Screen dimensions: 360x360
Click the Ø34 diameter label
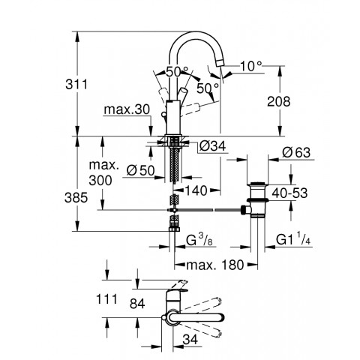pos(211,145)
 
